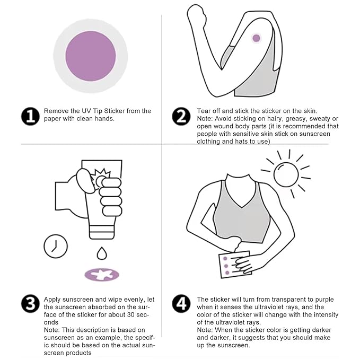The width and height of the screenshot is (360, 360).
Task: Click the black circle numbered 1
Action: coord(31,116)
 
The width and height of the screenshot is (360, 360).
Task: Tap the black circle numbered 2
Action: coord(181,116)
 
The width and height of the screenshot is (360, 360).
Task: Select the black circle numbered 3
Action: coord(31,303)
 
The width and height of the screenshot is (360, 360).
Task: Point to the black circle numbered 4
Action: coord(181,303)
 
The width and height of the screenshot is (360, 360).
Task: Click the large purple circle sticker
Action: coord(91,56)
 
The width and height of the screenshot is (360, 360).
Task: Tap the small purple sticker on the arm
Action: coord(256,38)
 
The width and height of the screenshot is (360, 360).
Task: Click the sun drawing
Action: coord(286,174)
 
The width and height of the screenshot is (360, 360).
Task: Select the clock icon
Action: coord(56,246)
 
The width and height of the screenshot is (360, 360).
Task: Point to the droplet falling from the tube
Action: coord(102,253)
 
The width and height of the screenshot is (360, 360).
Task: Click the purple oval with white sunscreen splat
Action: coord(102,275)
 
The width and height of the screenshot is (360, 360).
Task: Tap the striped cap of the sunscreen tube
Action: coord(102,232)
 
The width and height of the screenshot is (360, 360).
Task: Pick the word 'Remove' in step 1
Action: coord(56,111)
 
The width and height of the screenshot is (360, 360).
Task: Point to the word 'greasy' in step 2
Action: coord(295,119)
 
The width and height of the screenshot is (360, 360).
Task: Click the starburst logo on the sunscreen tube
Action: coord(101,178)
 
